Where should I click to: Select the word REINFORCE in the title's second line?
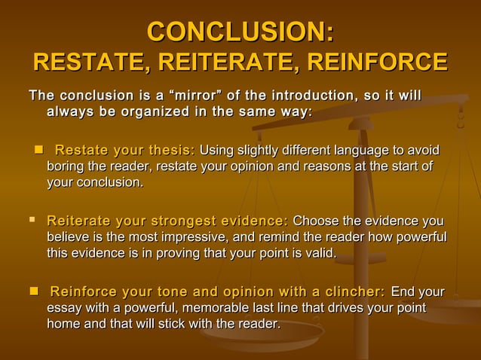(x=374, y=63)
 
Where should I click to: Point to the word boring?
(x=67, y=166)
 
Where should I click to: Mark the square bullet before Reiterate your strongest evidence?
(x=32, y=221)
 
